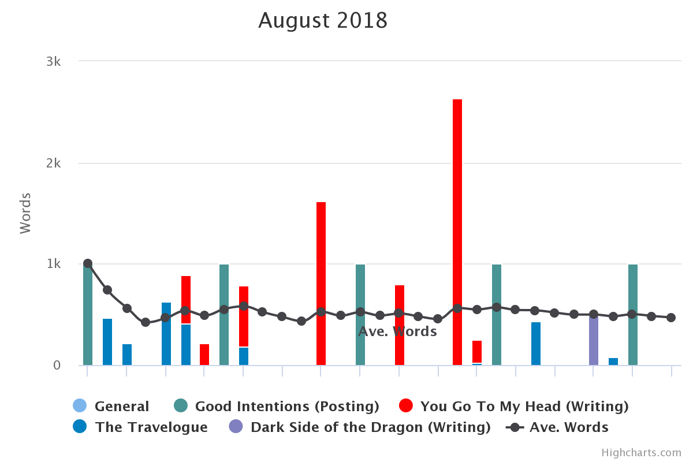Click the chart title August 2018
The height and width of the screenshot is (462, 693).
point(323,21)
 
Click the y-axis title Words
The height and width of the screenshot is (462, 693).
point(25,213)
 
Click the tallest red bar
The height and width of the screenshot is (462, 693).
point(457,231)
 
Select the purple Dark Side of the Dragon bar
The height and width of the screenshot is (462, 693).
point(594,341)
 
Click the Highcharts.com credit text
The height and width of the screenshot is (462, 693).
point(641,453)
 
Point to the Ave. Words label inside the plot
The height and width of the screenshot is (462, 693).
point(397,331)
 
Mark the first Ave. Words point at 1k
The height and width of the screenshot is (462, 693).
point(88,263)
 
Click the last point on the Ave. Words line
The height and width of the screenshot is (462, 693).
point(671,318)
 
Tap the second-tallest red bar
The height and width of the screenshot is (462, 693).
point(321,283)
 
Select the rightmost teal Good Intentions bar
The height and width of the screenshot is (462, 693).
point(633,315)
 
